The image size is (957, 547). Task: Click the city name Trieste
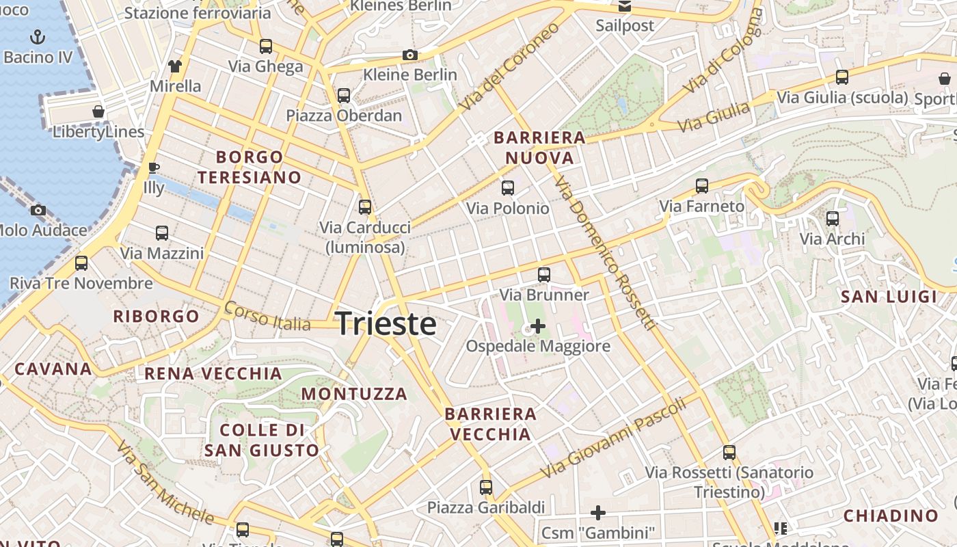click(386, 323)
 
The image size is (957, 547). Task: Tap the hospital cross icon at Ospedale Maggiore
click(538, 326)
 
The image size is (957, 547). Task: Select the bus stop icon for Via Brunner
click(544, 275)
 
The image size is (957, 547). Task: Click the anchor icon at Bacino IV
click(38, 37)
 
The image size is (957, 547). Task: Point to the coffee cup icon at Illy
click(154, 168)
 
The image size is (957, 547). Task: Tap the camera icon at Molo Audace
click(38, 210)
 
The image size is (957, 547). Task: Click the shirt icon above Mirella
click(175, 66)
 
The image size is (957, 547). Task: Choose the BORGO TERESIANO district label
click(250, 167)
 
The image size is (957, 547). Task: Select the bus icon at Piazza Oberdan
click(344, 96)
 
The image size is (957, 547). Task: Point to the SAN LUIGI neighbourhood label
click(889, 297)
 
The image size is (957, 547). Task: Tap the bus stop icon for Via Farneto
click(702, 185)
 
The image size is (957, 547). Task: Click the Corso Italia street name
click(267, 315)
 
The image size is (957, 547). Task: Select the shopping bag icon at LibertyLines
click(98, 111)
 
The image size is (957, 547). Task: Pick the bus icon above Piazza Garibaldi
click(486, 488)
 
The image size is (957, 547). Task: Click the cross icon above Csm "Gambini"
click(598, 512)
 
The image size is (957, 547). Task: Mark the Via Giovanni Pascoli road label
click(612, 438)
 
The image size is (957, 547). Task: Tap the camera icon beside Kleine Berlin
click(410, 55)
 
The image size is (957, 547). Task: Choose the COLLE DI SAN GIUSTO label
click(262, 440)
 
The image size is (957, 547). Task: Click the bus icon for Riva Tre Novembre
click(81, 263)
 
